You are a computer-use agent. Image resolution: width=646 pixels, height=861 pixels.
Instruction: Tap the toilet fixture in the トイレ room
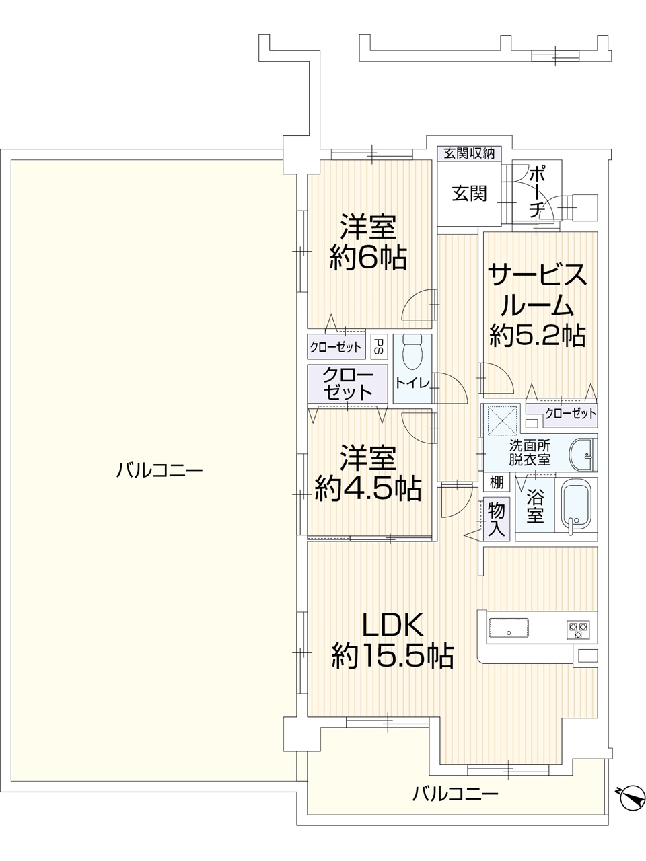click(x=411, y=351)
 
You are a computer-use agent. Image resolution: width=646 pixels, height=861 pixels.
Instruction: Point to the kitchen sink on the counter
click(x=508, y=628)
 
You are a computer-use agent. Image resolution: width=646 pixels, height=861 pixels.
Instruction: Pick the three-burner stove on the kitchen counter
click(x=578, y=630)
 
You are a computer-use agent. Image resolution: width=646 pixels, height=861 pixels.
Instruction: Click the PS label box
click(x=378, y=346)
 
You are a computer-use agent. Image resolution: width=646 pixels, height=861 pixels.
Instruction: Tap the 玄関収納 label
click(x=469, y=153)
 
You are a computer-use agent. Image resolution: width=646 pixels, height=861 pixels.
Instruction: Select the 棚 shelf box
click(x=497, y=482)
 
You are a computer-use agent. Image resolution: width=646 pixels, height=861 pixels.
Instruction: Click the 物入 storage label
click(x=496, y=519)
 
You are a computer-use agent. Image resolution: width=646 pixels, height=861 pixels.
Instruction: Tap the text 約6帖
click(x=367, y=257)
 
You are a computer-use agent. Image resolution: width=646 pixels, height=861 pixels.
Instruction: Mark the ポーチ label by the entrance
click(x=536, y=192)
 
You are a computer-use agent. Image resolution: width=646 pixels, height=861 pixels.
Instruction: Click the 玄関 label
click(x=469, y=193)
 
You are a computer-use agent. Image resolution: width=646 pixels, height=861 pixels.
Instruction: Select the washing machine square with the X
click(x=502, y=420)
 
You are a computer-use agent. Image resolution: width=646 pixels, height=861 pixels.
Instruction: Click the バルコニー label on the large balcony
click(x=159, y=470)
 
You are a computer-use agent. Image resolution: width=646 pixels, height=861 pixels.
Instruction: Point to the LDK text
click(x=392, y=624)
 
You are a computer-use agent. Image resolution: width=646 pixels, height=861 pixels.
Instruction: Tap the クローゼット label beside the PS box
click(x=335, y=347)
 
